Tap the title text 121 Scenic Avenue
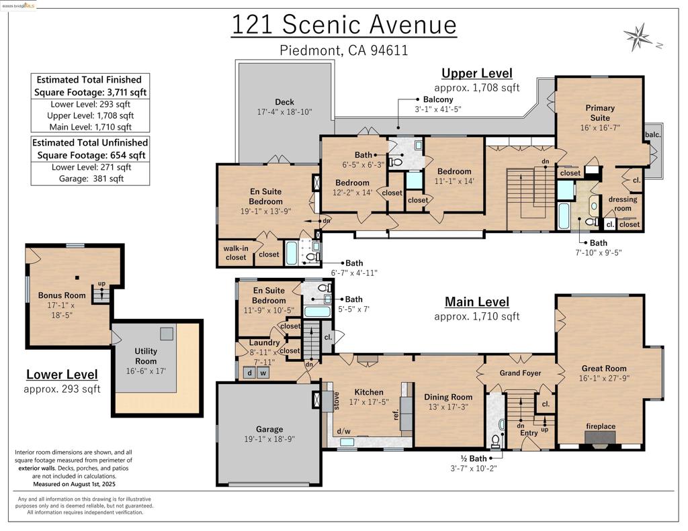[x=344, y=25]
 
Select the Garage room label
[x=269, y=429]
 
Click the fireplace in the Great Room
[x=599, y=437]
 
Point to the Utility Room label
[x=146, y=356]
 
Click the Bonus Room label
[x=62, y=295]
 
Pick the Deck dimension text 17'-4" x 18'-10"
[x=284, y=112]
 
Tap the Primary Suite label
[x=599, y=112]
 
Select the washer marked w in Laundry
[x=263, y=373]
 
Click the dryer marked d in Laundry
[x=249, y=373]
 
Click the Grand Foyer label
[x=520, y=373]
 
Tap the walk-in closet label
[x=235, y=252]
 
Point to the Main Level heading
[x=476, y=302]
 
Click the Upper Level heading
[x=476, y=73]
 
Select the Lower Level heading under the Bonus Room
[x=62, y=375]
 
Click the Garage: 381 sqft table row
[x=90, y=179]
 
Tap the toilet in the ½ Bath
[x=496, y=440]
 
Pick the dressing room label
[x=619, y=203]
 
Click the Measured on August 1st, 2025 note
[x=74, y=483]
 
